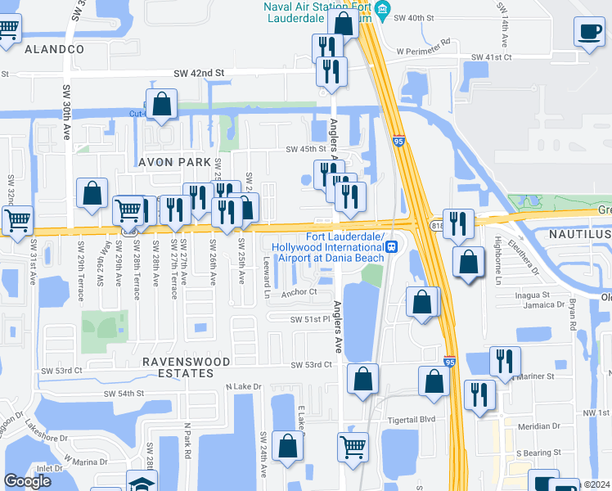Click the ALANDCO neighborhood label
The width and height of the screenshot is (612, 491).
click(55, 49)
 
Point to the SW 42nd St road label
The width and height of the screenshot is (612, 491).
click(199, 74)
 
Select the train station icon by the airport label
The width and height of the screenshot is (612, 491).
click(392, 245)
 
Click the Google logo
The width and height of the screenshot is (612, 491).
click(27, 482)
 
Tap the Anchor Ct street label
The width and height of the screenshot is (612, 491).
click(299, 291)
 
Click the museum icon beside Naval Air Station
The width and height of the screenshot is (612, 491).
click(383, 10)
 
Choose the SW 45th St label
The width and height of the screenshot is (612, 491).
click(305, 149)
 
